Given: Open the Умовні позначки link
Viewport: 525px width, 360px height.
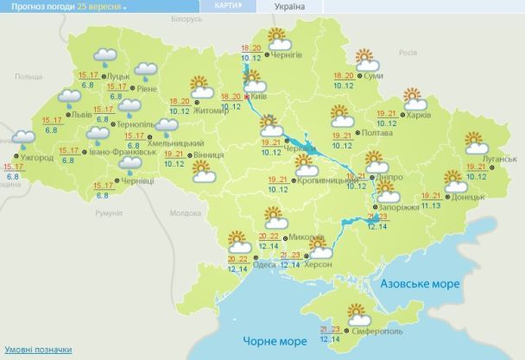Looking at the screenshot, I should coord(35,350).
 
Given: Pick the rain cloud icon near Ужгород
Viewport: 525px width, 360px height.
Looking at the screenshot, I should coord(22,137).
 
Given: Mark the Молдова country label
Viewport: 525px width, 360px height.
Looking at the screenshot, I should coord(186,212).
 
